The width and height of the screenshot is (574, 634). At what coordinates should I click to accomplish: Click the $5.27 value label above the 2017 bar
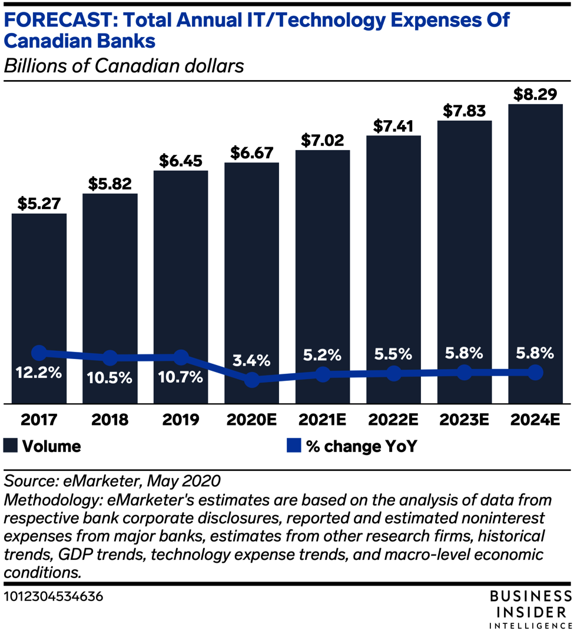(x=39, y=203)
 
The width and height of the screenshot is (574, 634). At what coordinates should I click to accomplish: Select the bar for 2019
(x=181, y=287)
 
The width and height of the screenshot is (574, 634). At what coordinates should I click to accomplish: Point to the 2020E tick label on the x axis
(x=251, y=419)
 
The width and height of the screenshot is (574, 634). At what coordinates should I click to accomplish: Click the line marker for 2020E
(x=251, y=379)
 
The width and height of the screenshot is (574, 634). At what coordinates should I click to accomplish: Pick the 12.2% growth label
(x=39, y=372)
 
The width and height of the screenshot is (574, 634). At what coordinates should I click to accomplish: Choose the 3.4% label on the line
(x=251, y=360)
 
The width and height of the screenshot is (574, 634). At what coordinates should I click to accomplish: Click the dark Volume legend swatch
(x=10, y=446)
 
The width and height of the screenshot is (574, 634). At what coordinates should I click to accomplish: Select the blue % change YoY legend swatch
(x=294, y=446)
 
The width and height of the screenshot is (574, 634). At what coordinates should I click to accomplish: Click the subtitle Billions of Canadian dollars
(x=124, y=65)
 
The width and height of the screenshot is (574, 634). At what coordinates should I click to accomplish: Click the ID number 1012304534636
(x=54, y=596)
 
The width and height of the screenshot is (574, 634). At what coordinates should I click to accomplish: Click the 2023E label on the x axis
(x=464, y=419)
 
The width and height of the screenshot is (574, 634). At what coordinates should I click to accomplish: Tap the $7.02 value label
(x=323, y=140)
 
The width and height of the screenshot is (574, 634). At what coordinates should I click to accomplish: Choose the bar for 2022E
(x=394, y=269)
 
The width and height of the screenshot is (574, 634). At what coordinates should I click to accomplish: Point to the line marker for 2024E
(x=535, y=373)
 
